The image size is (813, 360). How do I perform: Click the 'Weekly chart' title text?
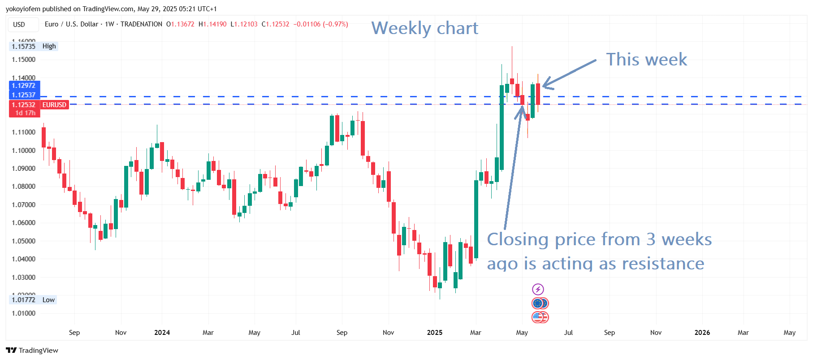pyautogui.click(x=424, y=28)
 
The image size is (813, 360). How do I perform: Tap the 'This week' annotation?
pyautogui.click(x=646, y=60)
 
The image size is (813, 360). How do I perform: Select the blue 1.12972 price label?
pyautogui.click(x=24, y=86)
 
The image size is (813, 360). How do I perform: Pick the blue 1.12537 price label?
pyautogui.click(x=24, y=95)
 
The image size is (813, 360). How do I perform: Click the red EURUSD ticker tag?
pyautogui.click(x=54, y=105)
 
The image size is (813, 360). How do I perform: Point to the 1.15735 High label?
pyautogui.click(x=33, y=46)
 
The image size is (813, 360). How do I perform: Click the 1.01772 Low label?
pyautogui.click(x=33, y=300)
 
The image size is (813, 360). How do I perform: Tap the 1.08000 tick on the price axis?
pyautogui.click(x=23, y=187)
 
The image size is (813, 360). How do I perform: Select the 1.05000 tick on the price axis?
pyautogui.click(x=23, y=241)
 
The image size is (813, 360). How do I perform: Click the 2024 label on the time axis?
pyautogui.click(x=162, y=333)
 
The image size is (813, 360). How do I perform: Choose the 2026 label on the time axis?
pyautogui.click(x=702, y=333)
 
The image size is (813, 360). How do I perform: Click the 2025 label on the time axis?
pyautogui.click(x=434, y=333)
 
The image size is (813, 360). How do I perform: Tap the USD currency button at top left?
pyautogui.click(x=19, y=25)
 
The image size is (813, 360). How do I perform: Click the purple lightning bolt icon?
pyautogui.click(x=538, y=289)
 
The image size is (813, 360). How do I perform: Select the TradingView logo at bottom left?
pyautogui.click(x=32, y=350)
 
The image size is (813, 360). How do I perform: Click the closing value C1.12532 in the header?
pyautogui.click(x=275, y=24)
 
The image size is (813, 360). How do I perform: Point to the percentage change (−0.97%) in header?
pyautogui.click(x=335, y=24)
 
